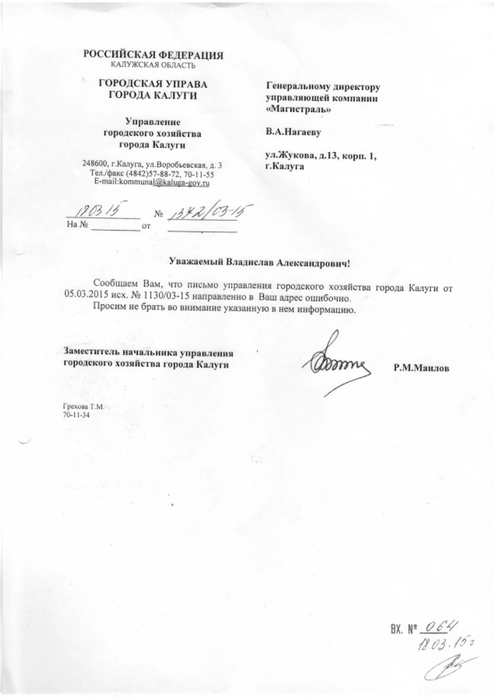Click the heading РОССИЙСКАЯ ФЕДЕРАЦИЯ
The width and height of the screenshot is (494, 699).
[154, 55]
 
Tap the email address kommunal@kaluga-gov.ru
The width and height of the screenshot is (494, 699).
[164, 182]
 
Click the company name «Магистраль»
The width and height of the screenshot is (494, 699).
[298, 109]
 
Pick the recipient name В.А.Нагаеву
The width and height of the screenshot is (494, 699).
[294, 132]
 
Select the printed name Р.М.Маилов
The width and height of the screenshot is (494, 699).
[421, 369]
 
